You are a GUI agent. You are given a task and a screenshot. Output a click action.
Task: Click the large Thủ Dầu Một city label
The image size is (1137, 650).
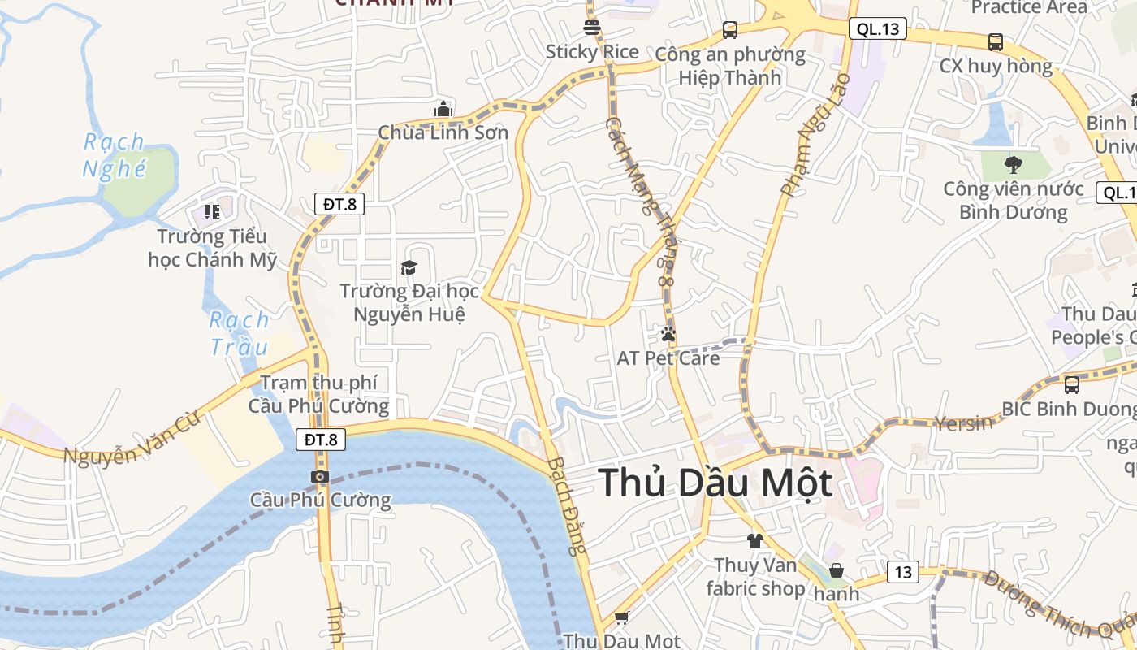[715, 483]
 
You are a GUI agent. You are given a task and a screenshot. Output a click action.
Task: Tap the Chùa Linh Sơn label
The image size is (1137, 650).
[443, 132]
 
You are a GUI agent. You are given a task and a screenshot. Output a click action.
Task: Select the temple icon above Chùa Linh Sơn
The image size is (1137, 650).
[443, 108]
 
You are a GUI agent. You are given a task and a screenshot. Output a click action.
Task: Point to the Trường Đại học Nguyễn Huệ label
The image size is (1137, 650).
[409, 302]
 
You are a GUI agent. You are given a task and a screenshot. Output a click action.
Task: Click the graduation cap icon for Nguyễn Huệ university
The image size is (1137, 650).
[409, 267]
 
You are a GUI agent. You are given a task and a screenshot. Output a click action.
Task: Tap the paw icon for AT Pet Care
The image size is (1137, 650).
[668, 334]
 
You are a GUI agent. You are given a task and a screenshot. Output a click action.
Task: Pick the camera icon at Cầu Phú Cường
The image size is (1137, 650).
[320, 477]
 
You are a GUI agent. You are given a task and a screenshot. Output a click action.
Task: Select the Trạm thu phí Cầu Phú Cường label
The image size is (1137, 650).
[318, 394]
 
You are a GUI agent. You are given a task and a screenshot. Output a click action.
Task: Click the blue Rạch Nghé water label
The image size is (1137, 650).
[115, 155]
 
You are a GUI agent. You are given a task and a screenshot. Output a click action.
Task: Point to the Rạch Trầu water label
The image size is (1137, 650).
[239, 333]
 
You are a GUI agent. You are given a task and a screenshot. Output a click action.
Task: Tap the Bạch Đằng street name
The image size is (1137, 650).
[567, 505]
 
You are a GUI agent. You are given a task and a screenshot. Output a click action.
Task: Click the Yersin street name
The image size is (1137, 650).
[964, 422]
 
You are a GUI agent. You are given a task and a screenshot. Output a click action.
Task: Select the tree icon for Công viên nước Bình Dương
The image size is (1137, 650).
[1013, 165]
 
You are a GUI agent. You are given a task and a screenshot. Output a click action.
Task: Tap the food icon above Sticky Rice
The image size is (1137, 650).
[592, 27]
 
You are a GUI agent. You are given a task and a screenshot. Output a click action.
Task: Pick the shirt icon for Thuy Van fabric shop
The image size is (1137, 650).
[755, 540]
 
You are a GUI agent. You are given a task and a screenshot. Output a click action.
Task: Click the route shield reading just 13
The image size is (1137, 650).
[902, 572]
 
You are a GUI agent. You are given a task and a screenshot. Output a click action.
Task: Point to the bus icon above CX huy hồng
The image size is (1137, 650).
[996, 42]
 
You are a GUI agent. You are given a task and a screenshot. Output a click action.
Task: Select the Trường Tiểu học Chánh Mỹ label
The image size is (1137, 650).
[213, 248]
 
